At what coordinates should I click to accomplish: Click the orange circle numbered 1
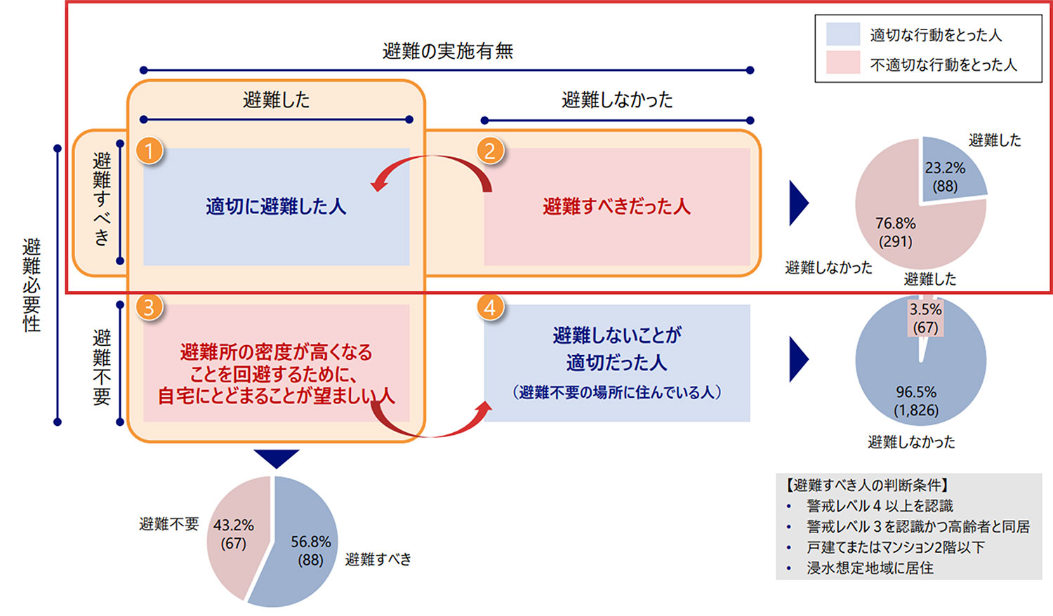pyautogui.click(x=149, y=150)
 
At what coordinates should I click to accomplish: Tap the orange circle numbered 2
pyautogui.click(x=490, y=150)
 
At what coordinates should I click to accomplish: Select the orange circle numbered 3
pyautogui.click(x=149, y=307)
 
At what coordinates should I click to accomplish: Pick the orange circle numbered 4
pyautogui.click(x=490, y=307)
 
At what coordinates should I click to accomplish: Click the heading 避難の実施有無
pyautogui.click(x=447, y=51)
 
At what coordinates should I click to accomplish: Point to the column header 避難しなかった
pyautogui.click(x=616, y=100)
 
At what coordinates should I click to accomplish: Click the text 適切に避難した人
pyautogui.click(x=276, y=206)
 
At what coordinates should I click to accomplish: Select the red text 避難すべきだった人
pyautogui.click(x=616, y=206)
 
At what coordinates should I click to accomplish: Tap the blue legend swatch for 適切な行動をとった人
pyautogui.click(x=842, y=34)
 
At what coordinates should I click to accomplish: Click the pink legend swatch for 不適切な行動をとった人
pyautogui.click(x=842, y=63)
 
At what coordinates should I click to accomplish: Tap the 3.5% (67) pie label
pyautogui.click(x=925, y=318)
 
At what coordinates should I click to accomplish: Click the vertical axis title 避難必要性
pyautogui.click(x=32, y=284)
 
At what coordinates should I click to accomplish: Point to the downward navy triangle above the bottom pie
pyautogui.click(x=277, y=458)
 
